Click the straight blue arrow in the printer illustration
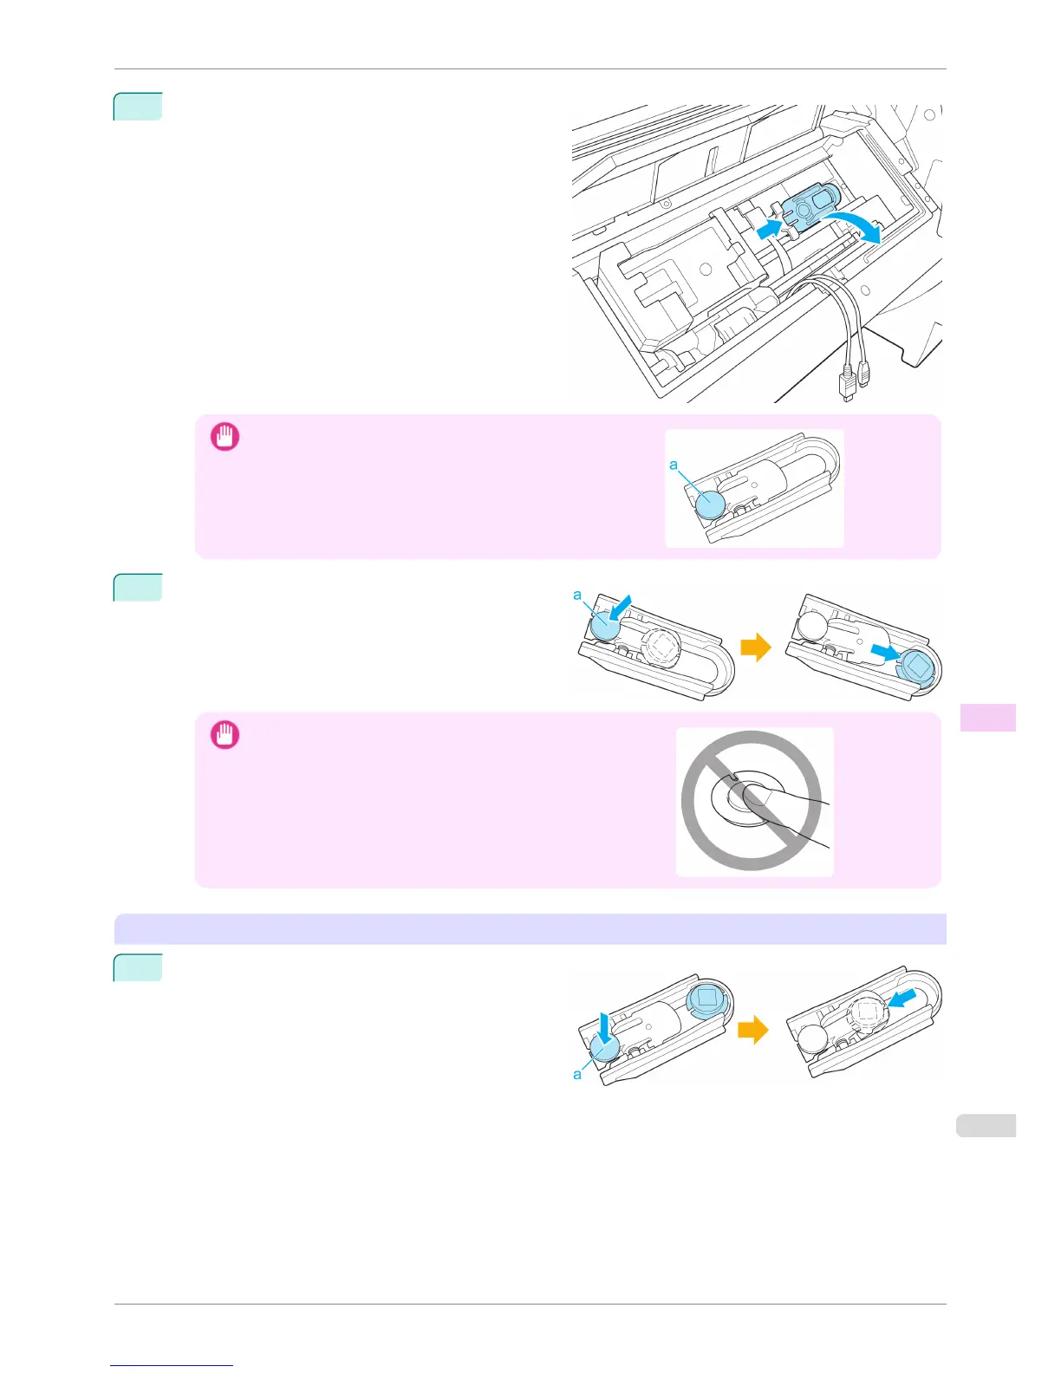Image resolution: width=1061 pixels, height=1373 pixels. pyautogui.click(x=767, y=229)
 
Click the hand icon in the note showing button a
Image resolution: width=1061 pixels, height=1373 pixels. pyautogui.click(x=225, y=437)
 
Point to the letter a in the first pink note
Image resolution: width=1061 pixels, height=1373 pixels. pyautogui.click(x=674, y=465)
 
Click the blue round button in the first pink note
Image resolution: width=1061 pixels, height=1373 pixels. pyautogui.click(x=710, y=504)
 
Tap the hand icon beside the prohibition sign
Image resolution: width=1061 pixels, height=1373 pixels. pyautogui.click(x=225, y=735)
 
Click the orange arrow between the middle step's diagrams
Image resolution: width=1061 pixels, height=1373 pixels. pyautogui.click(x=756, y=647)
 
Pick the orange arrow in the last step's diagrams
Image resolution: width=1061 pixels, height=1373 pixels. pyautogui.click(x=752, y=1030)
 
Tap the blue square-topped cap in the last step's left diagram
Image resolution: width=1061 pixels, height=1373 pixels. pyautogui.click(x=706, y=999)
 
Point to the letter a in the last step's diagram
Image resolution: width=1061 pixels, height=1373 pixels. pyautogui.click(x=577, y=1074)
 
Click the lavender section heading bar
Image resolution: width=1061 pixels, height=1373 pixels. pyautogui.click(x=530, y=929)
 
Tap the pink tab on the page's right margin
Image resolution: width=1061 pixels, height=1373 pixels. pyautogui.click(x=987, y=718)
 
